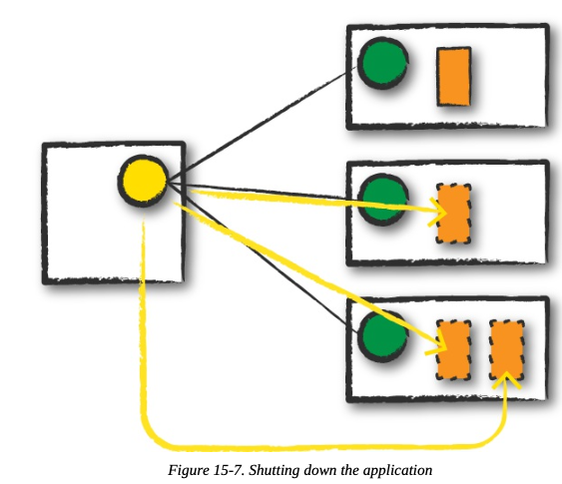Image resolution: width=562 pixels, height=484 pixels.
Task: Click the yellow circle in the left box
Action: point(143,181)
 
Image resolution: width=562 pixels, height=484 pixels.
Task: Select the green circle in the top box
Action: point(383,63)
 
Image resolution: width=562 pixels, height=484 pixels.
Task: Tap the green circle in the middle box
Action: point(383,200)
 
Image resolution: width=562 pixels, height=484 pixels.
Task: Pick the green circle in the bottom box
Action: point(383,336)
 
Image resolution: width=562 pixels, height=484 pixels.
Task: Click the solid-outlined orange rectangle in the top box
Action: point(453,77)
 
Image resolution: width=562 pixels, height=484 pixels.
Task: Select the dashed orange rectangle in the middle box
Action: point(453,214)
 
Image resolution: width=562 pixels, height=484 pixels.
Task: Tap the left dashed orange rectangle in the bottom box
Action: point(453,350)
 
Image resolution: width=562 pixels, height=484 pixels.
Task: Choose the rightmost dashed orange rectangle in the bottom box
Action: point(507,350)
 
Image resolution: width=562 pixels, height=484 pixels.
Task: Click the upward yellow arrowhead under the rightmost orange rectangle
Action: point(506,379)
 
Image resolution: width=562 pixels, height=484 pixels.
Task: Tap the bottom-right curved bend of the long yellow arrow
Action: point(496,435)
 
